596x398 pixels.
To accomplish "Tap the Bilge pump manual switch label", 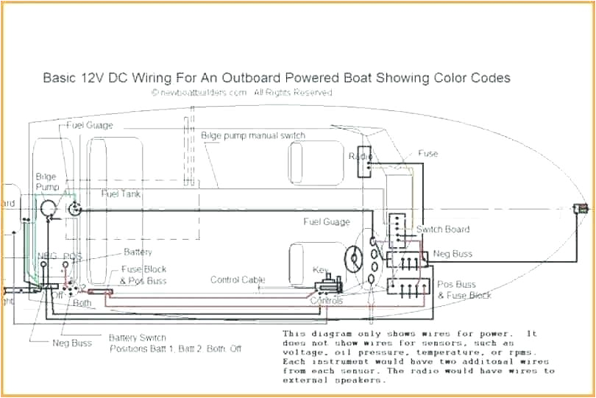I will (252, 136).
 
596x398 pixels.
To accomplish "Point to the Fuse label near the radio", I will (428, 154).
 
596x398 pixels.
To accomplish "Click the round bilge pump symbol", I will (49, 209).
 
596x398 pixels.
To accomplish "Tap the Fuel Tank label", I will (121, 193).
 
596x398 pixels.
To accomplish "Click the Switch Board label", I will (443, 230).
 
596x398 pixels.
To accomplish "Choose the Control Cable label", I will (238, 280).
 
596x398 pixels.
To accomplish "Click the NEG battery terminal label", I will (47, 256).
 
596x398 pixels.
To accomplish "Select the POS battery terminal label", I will (73, 256).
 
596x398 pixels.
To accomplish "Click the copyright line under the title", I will (242, 93).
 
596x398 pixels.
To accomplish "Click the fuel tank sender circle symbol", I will (74, 208).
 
